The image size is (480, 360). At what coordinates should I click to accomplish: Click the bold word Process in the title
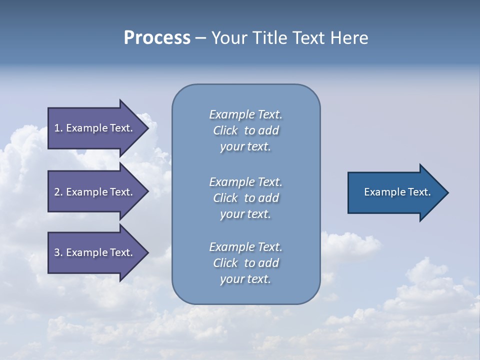click(x=157, y=38)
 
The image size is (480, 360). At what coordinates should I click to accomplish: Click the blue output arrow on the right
click(x=395, y=192)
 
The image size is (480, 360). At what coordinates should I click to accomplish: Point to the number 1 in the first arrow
click(x=57, y=128)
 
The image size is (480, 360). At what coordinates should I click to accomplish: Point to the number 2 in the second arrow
click(x=57, y=192)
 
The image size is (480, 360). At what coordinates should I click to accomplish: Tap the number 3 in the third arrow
click(x=57, y=252)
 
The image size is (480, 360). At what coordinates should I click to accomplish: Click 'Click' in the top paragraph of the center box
click(x=225, y=130)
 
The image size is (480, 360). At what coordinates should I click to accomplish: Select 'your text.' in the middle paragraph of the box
click(x=245, y=214)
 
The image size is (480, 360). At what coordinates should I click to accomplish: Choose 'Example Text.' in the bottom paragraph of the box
click(x=245, y=247)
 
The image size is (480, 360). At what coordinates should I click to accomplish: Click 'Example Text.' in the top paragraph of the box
click(x=245, y=114)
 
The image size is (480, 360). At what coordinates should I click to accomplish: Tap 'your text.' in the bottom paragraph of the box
click(x=245, y=279)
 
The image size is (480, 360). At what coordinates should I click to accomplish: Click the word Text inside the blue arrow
click(x=419, y=192)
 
